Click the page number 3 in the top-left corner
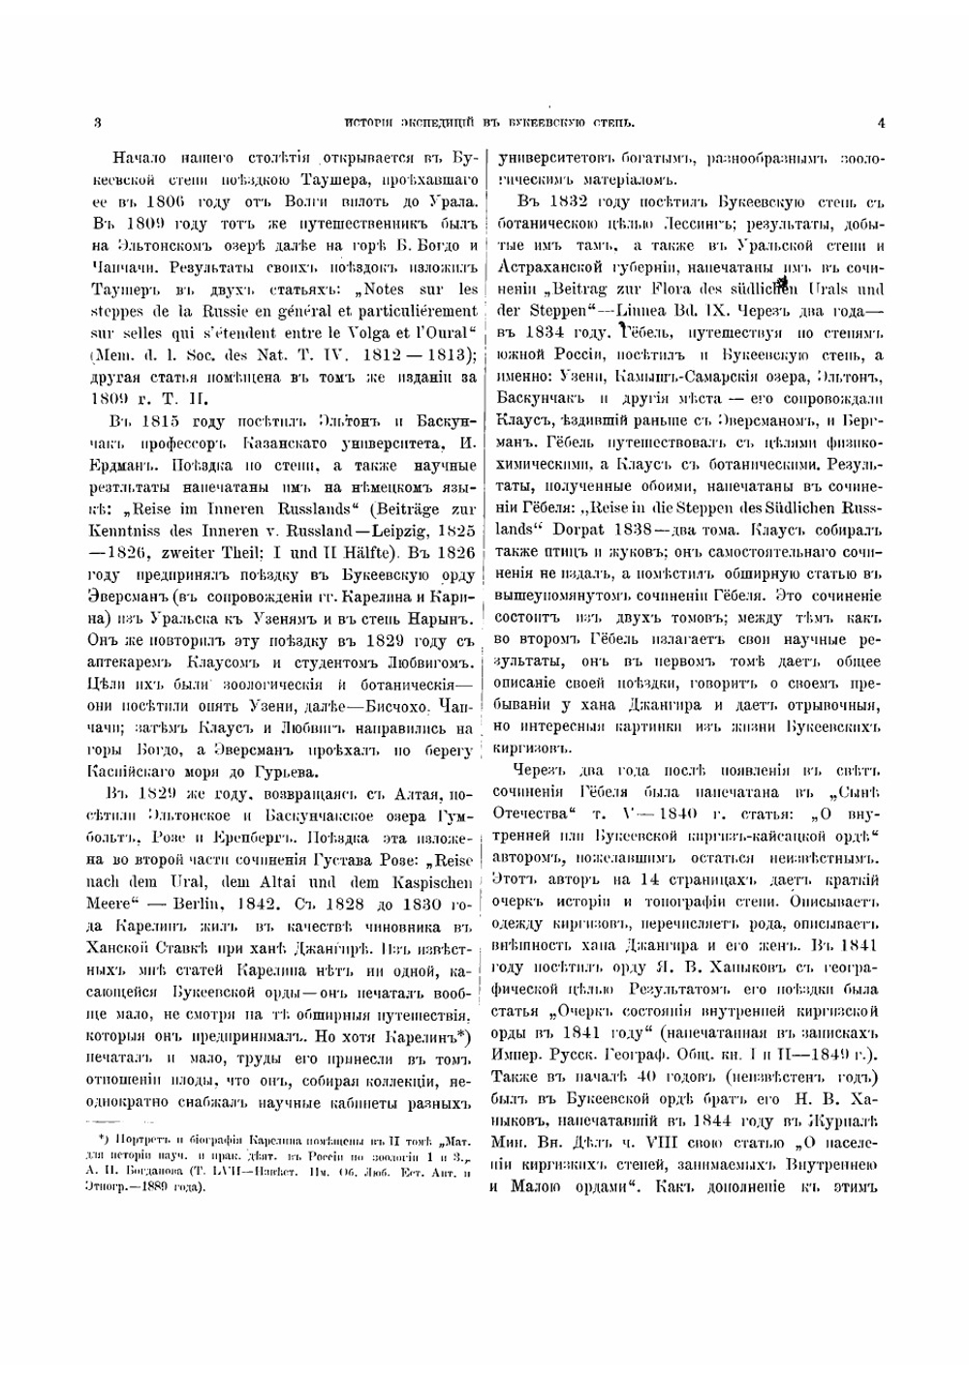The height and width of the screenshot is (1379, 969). click(x=98, y=123)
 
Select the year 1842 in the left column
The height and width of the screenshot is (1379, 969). click(x=254, y=904)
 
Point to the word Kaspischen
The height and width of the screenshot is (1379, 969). click(x=434, y=882)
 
